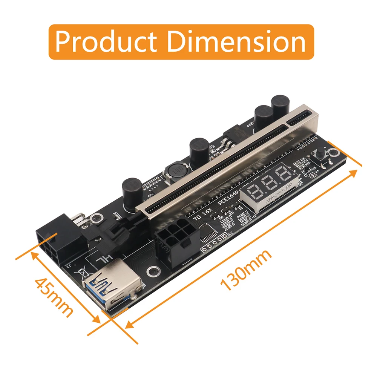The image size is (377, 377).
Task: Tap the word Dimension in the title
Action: pos(236,42)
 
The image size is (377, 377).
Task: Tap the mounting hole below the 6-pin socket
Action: pos(153,271)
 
